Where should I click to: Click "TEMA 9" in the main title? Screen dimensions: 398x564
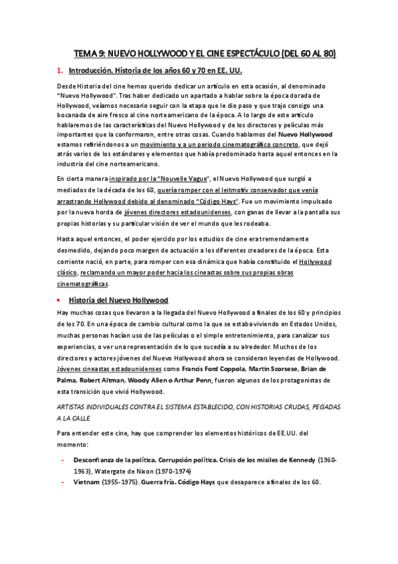click(88, 53)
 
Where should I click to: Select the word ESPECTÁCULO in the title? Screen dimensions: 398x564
click(250, 53)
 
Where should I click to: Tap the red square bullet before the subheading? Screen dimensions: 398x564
click(59, 299)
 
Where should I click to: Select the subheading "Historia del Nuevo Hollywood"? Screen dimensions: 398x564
click(118, 299)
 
